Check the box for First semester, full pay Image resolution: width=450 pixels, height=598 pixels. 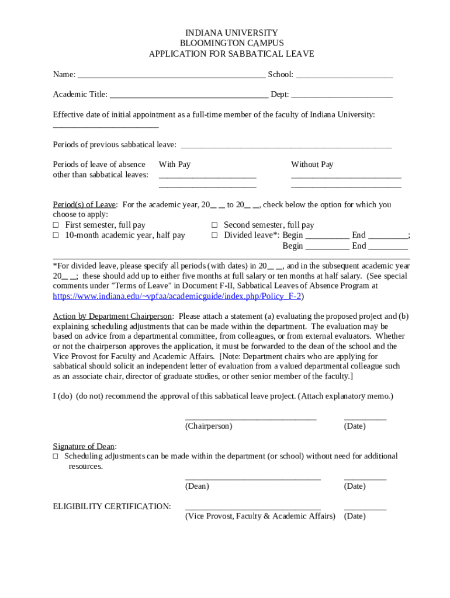coord(56,225)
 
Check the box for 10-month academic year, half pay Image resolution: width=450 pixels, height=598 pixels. coord(56,235)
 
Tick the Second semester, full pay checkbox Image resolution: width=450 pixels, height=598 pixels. coord(214,225)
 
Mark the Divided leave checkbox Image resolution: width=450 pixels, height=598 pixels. coord(214,235)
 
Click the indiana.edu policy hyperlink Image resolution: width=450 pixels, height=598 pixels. coord(177,296)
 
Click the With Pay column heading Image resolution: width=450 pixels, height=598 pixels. coord(175,165)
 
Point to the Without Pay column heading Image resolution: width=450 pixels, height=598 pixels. coord(312,165)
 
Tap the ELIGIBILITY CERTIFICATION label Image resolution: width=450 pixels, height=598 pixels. coord(112,506)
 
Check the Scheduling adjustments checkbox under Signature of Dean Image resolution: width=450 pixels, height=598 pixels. coord(56,456)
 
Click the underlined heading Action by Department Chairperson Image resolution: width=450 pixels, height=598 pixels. coord(112,316)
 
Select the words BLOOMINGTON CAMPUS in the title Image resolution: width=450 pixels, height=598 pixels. coord(231,43)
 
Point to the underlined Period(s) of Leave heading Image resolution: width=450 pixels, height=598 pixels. coord(85,205)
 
